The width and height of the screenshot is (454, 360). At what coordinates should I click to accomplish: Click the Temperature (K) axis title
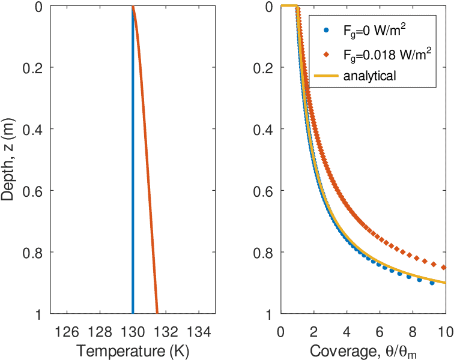click(133, 349)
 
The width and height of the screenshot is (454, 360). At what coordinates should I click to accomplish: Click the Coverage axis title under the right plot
click(363, 349)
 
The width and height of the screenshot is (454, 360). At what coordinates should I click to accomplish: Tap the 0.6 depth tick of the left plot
click(33, 191)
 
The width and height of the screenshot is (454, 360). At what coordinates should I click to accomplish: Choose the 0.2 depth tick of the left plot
click(33, 68)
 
